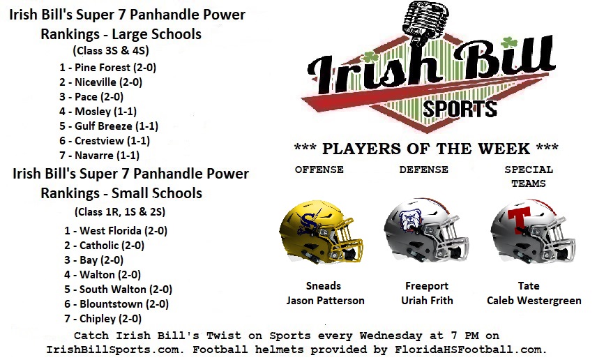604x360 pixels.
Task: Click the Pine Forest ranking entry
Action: (107, 68)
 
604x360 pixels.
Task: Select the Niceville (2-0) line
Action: (100, 82)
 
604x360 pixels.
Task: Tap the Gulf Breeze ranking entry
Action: (109, 126)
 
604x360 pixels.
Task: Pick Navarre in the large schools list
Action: (99, 156)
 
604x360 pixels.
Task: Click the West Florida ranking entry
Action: (116, 231)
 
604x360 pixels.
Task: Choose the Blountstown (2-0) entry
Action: (116, 304)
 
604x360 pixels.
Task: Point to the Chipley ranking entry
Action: (103, 319)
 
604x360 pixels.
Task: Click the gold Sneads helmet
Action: (321, 231)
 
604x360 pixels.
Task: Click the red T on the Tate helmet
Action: (520, 220)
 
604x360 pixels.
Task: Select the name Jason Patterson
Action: (325, 301)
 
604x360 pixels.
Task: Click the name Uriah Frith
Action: (427, 301)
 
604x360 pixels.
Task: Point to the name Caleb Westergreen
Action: (534, 301)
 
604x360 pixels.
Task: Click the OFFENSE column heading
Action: (319, 170)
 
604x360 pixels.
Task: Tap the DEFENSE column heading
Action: (423, 170)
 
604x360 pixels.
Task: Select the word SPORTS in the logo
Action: (460, 109)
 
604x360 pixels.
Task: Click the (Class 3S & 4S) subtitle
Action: (111, 50)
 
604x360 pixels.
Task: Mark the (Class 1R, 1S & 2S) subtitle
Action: (120, 211)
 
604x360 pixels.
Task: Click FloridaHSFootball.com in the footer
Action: (471, 350)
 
